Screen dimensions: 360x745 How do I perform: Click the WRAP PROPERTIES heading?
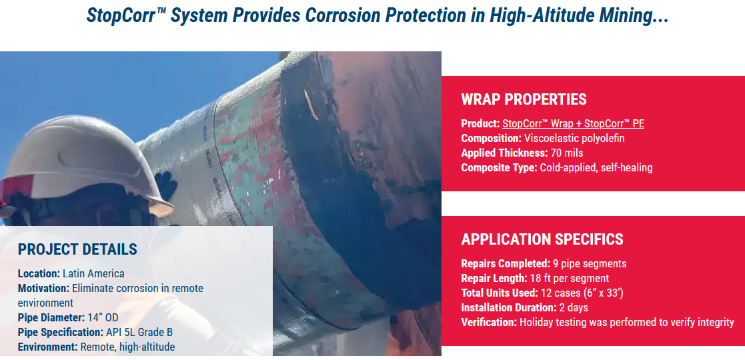(524, 100)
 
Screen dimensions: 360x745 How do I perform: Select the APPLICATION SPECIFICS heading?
(542, 239)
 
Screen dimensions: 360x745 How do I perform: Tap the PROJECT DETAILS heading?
(77, 250)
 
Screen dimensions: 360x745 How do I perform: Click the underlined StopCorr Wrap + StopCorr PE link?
(573, 123)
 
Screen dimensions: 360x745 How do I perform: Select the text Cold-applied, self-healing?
(596, 167)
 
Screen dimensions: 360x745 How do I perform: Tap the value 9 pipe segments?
(590, 263)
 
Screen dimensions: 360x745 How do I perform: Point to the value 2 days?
(574, 307)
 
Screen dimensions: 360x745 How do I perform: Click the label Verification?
(489, 322)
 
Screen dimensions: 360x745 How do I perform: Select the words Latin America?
(93, 273)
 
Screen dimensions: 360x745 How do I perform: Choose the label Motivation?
(43, 288)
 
